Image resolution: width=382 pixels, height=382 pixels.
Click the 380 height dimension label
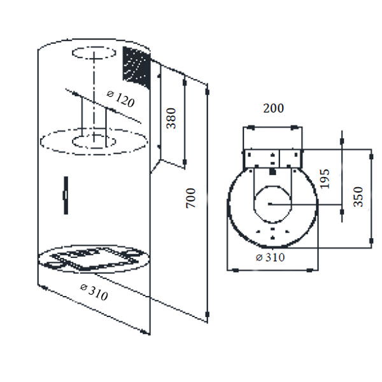(x=171, y=118)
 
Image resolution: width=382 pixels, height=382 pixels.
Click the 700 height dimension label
(x=191, y=198)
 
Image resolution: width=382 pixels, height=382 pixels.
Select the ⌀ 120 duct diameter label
(x=120, y=99)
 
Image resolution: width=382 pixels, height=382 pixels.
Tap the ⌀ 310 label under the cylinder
(x=94, y=292)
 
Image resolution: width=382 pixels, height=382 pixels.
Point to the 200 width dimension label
(x=273, y=108)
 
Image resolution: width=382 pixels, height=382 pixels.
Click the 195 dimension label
(x=324, y=179)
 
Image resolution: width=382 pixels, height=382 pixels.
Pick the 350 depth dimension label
(x=358, y=197)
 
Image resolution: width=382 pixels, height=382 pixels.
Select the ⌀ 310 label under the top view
(x=270, y=257)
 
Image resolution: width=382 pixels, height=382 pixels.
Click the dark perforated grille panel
(x=136, y=67)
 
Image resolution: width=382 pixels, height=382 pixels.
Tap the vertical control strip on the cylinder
(x=66, y=195)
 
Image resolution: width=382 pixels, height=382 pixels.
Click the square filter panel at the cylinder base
(x=94, y=258)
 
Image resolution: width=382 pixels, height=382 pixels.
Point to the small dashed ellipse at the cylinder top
(x=94, y=53)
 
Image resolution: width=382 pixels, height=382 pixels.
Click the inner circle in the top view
(x=273, y=204)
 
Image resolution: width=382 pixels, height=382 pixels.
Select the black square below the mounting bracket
(x=272, y=172)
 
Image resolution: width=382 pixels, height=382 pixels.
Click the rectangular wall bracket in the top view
(x=273, y=159)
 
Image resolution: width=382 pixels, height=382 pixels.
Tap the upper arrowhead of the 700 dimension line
(x=208, y=92)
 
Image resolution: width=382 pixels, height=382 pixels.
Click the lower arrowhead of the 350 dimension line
(x=371, y=241)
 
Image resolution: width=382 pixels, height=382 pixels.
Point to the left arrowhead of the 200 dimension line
(x=251, y=127)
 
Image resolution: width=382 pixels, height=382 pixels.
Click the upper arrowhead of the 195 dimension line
(x=342, y=141)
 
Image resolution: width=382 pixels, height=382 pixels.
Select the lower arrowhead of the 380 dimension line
(x=185, y=162)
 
